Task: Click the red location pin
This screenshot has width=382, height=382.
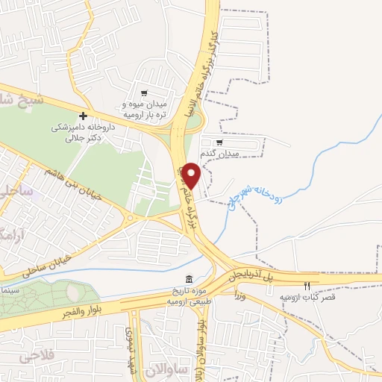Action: (x=191, y=175)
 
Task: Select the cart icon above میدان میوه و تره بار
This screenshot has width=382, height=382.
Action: (x=143, y=93)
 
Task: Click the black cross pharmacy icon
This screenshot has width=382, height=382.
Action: (x=83, y=116)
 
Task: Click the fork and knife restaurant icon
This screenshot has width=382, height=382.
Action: (x=307, y=286)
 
